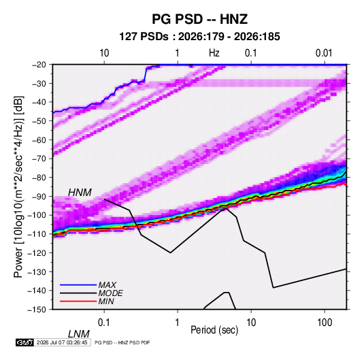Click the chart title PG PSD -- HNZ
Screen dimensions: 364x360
[x=199, y=19]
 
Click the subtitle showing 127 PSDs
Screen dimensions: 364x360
[x=199, y=37]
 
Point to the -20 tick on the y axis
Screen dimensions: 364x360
[x=39, y=65]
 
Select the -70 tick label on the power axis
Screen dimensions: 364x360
[x=39, y=159]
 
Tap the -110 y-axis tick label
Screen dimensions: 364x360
[x=37, y=234]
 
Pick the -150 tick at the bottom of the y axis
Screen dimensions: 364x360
[x=37, y=310]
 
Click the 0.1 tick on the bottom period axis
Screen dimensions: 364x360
[x=103, y=323]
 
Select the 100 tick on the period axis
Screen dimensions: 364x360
[x=325, y=323]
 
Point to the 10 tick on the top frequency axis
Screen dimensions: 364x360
[x=104, y=53]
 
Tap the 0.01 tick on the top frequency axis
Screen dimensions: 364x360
[x=324, y=53]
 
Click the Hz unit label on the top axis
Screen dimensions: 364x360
[x=214, y=53]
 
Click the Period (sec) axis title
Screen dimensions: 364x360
[x=214, y=330]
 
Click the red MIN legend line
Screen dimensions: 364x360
[x=78, y=301]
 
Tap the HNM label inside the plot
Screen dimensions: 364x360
[x=80, y=193]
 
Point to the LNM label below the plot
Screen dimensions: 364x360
[x=79, y=334]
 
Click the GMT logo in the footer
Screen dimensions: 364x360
[x=24, y=342]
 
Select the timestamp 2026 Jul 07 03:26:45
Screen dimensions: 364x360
[x=62, y=342]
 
